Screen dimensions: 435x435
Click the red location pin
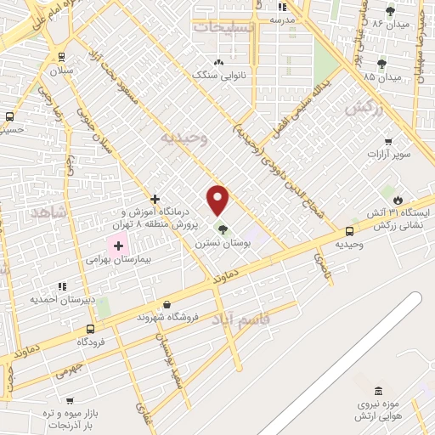218,199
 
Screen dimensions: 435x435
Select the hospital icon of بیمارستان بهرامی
118,244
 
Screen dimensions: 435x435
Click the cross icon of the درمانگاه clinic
155,198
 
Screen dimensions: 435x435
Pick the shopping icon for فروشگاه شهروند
167,304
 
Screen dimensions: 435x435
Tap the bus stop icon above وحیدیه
349,231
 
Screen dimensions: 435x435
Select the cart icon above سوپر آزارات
388,141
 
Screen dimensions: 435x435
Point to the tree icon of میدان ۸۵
381,63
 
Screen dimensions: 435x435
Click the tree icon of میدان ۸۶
390,11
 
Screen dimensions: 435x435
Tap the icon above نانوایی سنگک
219,62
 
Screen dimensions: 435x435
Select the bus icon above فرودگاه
90,329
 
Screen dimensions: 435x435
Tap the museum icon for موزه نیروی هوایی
402,394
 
